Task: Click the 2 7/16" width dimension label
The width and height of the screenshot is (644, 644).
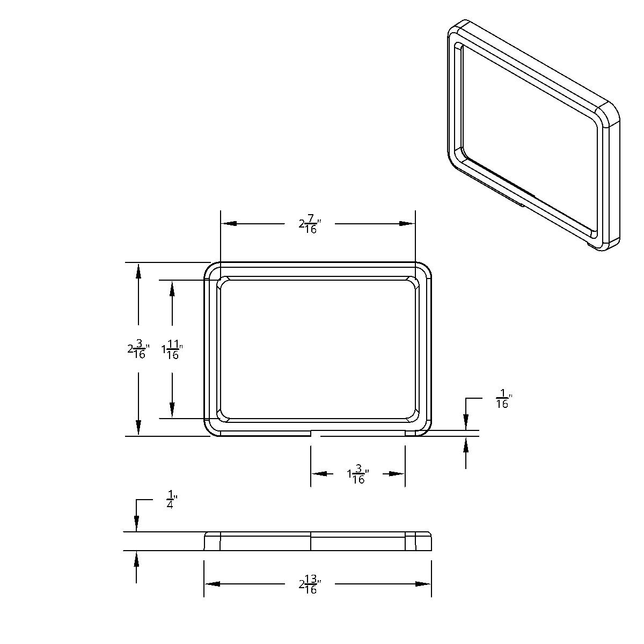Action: pyautogui.click(x=310, y=224)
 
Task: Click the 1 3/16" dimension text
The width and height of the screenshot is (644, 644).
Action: pyautogui.click(x=358, y=474)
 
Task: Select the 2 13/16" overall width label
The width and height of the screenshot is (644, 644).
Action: pyautogui.click(x=310, y=584)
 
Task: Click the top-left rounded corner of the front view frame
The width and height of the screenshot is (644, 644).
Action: pyautogui.click(x=209, y=268)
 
